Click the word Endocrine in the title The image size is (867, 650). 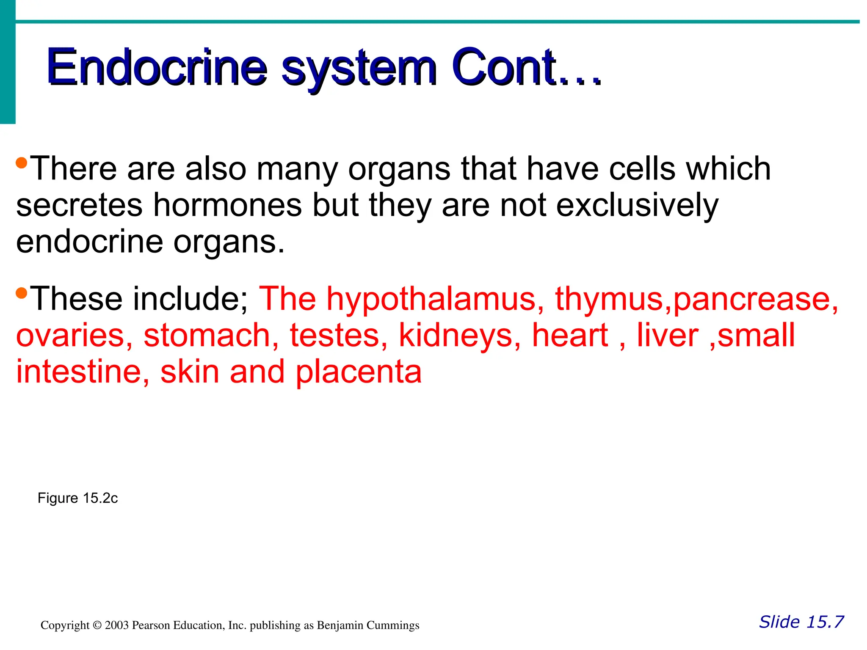157,68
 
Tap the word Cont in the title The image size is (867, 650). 504,68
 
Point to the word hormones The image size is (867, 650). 227,206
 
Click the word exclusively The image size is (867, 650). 637,206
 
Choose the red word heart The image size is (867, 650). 570,336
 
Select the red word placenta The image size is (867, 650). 359,372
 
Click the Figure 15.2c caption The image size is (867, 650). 77,498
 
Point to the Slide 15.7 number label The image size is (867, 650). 801,622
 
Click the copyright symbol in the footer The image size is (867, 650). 97,625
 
